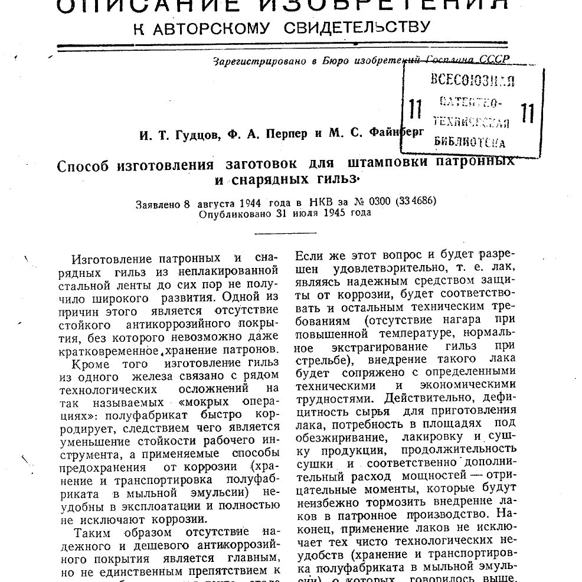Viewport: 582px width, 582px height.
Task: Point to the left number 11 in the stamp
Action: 415,109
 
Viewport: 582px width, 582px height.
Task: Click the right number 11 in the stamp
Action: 527,112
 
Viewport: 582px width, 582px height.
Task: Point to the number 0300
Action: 377,201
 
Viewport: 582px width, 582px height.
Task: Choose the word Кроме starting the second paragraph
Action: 90,363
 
